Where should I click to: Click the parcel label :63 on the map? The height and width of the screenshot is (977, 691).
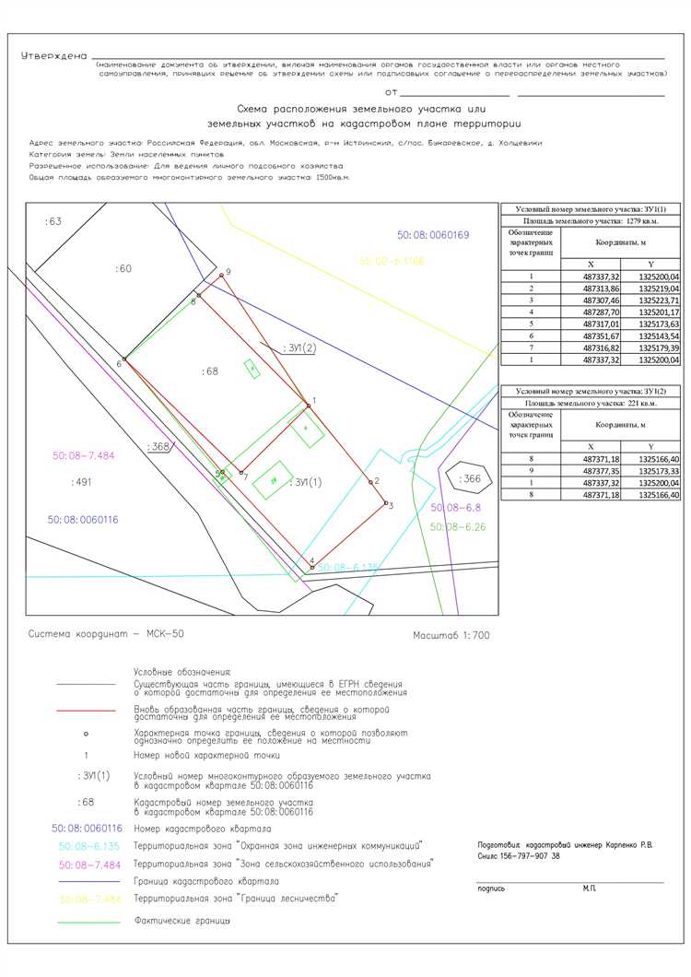pos(53,222)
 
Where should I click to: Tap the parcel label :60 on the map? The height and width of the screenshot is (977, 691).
pos(123,268)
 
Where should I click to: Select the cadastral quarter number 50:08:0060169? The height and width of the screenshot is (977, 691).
pos(433,236)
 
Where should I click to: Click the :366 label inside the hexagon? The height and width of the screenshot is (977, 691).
pos(471,478)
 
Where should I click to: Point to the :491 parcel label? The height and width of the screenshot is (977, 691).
pos(82,481)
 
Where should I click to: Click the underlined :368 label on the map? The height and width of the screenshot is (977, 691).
pos(160,447)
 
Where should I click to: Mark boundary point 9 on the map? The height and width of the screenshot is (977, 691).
pos(222,275)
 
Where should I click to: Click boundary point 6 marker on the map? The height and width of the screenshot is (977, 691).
pos(123,359)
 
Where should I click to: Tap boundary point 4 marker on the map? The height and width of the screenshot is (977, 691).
pos(312,568)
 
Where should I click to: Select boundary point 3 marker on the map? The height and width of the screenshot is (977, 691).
pos(385,502)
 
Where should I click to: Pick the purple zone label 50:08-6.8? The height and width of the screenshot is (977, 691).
pos(455,508)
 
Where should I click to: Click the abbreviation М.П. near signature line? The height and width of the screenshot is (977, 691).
pos(591,888)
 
